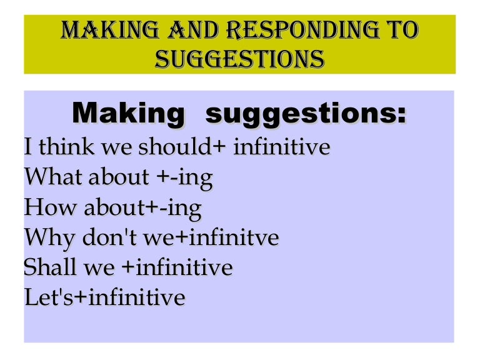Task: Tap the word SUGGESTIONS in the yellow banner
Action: pos(239,59)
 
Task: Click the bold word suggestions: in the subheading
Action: pos(306,115)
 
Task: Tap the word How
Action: pos(51,207)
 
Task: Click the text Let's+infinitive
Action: pos(104,297)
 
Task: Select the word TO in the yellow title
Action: pos(404,31)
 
